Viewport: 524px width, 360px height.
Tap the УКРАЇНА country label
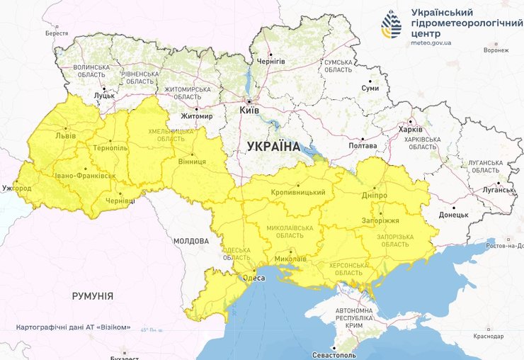(273, 147)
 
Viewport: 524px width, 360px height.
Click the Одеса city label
(254, 278)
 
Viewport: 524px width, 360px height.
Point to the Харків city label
(410, 130)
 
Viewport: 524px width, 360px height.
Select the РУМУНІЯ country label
(93, 296)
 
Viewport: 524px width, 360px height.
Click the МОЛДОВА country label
(191, 241)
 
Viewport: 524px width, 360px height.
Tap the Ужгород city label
(17, 189)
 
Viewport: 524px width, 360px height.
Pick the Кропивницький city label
(298, 192)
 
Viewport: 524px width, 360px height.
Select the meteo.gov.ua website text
(431, 43)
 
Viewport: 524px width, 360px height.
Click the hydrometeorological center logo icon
(391, 26)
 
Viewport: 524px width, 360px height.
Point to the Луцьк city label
(104, 94)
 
